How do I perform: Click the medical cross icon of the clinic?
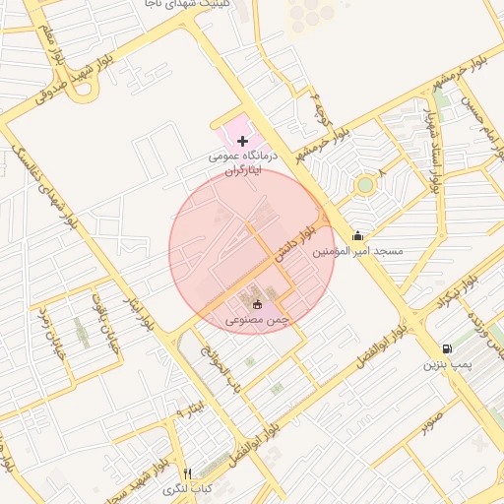coord(243,142)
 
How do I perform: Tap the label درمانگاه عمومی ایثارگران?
coord(244,162)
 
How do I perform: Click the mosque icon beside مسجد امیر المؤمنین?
coord(357,235)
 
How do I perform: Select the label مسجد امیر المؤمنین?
coord(358,252)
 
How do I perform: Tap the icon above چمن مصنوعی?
coord(258,303)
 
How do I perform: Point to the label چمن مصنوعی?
coord(258,320)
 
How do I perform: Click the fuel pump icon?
coord(449,347)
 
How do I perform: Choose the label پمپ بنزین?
coord(449,365)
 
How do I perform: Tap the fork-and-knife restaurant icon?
coord(188,473)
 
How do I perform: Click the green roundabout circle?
coord(365,184)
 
